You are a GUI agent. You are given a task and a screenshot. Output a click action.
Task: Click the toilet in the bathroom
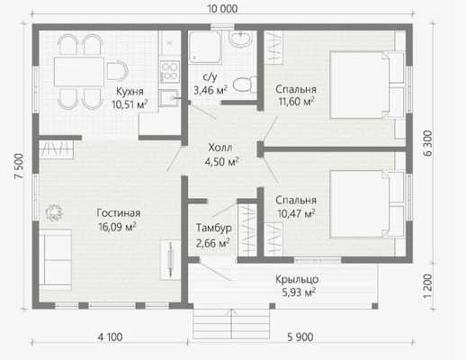coord(245,85)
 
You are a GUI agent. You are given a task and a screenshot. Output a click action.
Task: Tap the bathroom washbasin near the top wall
coord(240,39)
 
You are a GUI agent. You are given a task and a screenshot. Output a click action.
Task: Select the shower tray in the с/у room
coord(205,47)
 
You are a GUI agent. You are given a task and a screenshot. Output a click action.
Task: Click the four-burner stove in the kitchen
coord(169,72)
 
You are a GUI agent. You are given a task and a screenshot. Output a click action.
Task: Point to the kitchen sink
coord(169,98)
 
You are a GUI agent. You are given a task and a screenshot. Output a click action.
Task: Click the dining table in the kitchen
coord(79,72)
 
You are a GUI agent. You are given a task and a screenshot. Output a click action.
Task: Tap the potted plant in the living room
coord(54,212)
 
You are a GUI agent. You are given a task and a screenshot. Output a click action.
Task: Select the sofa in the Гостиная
coord(56,260)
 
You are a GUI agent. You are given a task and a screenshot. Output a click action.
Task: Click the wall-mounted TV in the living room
coord(170,260)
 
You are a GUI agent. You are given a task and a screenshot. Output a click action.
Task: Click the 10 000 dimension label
coord(222,9)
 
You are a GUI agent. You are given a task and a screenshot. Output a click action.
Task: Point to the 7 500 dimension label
coord(19,166)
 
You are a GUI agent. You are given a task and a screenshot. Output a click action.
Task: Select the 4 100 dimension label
coord(110,337)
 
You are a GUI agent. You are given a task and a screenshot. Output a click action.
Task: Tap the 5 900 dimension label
coord(300,337)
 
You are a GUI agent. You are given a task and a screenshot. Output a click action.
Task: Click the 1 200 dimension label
coord(428,286)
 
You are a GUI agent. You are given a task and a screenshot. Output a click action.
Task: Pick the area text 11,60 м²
coord(296,102)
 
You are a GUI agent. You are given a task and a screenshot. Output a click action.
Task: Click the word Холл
coord(220,148)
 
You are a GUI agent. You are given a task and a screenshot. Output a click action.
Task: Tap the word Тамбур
coord(214,228)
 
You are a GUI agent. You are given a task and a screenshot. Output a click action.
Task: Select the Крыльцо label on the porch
coord(297,279)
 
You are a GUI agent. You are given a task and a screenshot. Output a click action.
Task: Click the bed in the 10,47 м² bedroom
coord(367,204)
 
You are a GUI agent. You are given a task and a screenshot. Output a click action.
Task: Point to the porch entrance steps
coord(231,324)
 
